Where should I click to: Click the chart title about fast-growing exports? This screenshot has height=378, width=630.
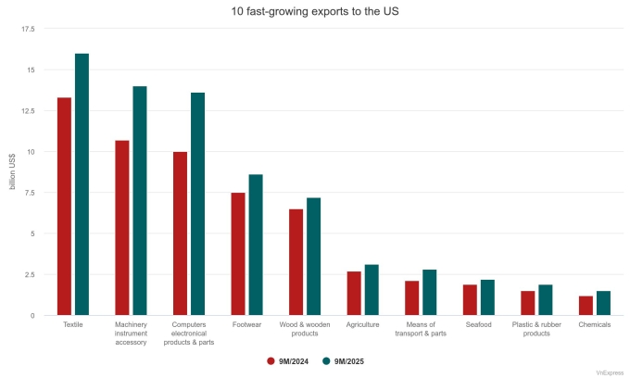click(x=314, y=11)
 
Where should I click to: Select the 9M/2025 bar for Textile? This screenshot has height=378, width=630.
click(x=82, y=184)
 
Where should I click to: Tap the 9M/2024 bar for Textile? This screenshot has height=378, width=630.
click(x=64, y=206)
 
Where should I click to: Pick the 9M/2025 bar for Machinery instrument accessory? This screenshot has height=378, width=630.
click(x=140, y=201)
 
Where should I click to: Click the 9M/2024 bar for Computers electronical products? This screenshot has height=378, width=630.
click(x=180, y=233)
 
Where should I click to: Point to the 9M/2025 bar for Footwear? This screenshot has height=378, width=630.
click(x=256, y=245)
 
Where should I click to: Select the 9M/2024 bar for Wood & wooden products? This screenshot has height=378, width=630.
click(x=296, y=262)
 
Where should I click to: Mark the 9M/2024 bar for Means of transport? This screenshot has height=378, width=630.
click(x=411, y=298)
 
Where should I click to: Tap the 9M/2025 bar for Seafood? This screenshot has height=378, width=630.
click(x=487, y=297)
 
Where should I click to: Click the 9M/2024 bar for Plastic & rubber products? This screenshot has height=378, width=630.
click(x=527, y=303)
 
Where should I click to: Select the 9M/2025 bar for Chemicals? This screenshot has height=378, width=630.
click(x=603, y=303)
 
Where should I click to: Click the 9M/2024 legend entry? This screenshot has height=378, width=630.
click(x=289, y=359)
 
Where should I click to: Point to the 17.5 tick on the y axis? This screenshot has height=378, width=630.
click(x=28, y=29)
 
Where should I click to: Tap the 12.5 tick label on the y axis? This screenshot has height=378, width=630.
click(x=28, y=111)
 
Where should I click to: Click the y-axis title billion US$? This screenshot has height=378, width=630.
click(x=12, y=172)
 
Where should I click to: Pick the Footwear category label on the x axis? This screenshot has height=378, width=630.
click(x=246, y=325)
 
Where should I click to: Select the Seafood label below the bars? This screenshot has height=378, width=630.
click(x=478, y=325)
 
